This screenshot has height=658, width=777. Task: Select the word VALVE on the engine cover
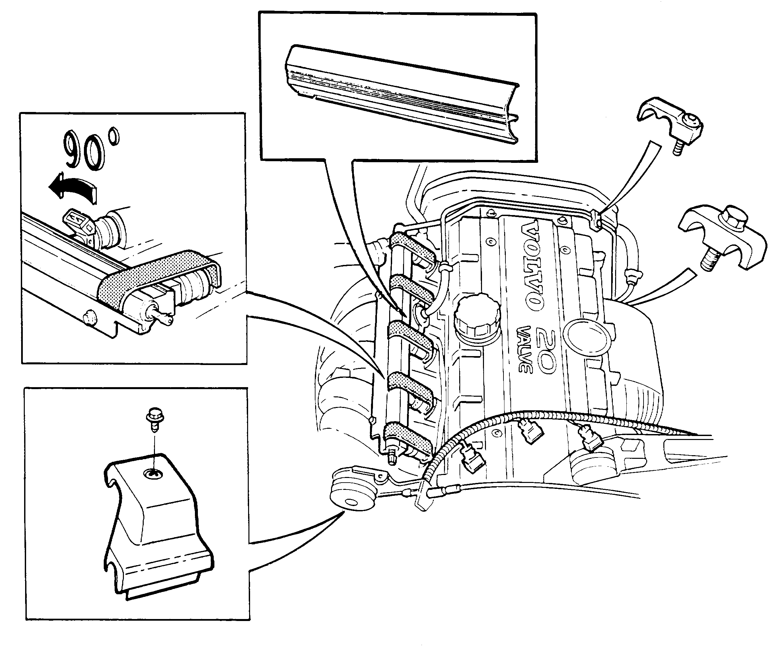[525, 349]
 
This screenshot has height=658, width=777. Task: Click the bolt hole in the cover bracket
[153, 474]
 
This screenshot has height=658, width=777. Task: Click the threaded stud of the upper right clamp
[680, 149]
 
